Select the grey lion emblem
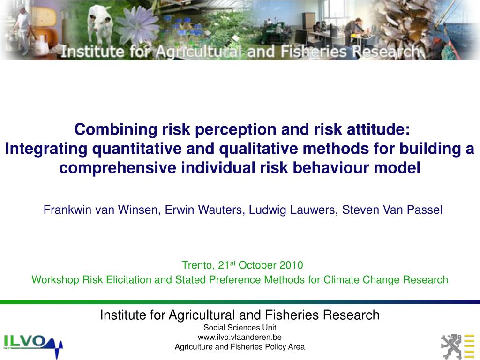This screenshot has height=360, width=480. point(450,346)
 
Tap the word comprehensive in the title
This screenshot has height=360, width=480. point(118,168)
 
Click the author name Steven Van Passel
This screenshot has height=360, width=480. point(392,210)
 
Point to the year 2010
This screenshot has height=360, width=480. point(291,265)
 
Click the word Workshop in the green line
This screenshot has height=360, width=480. point(55,280)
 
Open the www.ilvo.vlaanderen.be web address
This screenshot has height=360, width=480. point(240,337)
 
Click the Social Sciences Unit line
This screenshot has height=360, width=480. point(240,328)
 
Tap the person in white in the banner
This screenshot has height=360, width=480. point(21,23)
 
